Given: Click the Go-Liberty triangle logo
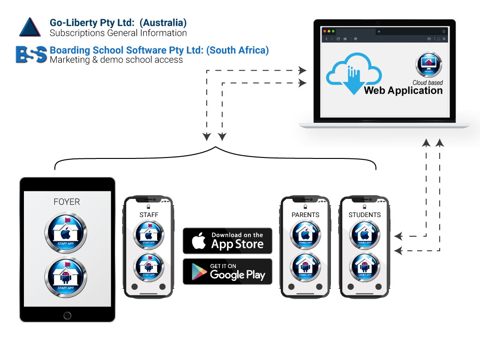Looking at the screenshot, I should [x=30, y=27].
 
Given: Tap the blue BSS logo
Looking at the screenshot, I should [x=31, y=54].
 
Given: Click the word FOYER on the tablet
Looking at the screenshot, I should [x=67, y=202].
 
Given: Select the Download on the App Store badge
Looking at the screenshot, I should [x=227, y=240].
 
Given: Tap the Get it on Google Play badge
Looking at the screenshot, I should [x=227, y=271].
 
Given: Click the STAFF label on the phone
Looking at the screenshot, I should [x=149, y=215].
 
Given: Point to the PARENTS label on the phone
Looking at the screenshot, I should [x=305, y=215].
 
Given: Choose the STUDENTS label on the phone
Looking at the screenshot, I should [x=365, y=215].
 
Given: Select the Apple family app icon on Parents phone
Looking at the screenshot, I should [x=306, y=235].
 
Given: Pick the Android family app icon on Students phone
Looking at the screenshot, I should [x=365, y=267].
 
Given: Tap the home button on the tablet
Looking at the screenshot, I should [x=67, y=315].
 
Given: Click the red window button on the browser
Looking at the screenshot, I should [x=324, y=31].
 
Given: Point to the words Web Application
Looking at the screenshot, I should [x=403, y=90].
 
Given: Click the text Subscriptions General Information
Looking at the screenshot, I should [x=118, y=33].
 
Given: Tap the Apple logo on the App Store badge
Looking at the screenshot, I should [x=199, y=241].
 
